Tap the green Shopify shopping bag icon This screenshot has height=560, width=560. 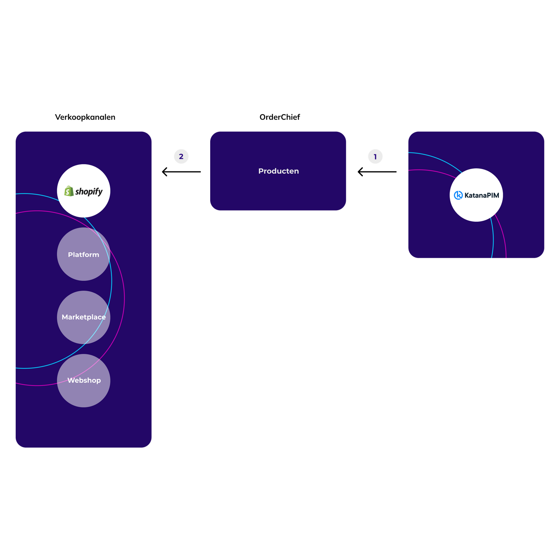click(69, 191)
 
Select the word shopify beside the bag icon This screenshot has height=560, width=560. click(89, 192)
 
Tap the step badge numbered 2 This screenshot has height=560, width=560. click(181, 156)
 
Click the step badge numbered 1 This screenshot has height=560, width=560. click(375, 157)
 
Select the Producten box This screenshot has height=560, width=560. click(278, 190)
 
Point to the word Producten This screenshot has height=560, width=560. click(279, 171)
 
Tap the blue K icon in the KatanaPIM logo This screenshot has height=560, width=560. click(458, 195)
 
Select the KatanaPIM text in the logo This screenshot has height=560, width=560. click(482, 195)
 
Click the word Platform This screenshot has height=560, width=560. click(84, 255)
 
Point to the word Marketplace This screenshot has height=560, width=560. click(84, 317)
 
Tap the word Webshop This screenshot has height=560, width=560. click(84, 380)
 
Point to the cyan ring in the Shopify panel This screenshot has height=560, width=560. click(25, 368)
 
